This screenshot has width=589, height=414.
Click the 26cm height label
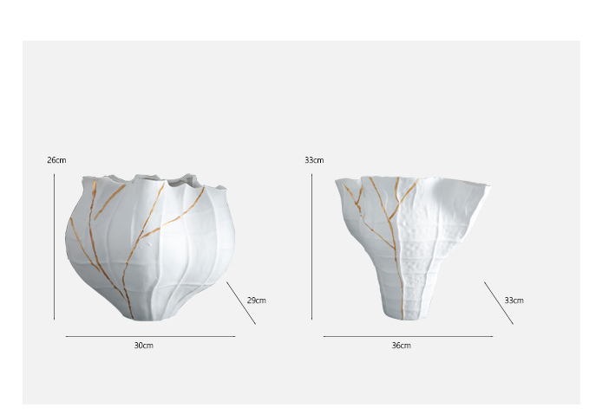56,160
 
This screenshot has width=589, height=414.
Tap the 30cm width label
143,346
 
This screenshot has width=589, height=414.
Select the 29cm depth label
257,301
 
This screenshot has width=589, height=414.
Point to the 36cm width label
401,346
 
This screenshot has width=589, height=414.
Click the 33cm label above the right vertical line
314,160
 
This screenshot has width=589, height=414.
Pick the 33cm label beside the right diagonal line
514,301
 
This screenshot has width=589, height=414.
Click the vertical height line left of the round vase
54,247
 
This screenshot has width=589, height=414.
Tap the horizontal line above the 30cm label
151,336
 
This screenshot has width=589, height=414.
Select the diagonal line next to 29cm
241,303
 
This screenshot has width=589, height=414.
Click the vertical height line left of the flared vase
311,247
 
